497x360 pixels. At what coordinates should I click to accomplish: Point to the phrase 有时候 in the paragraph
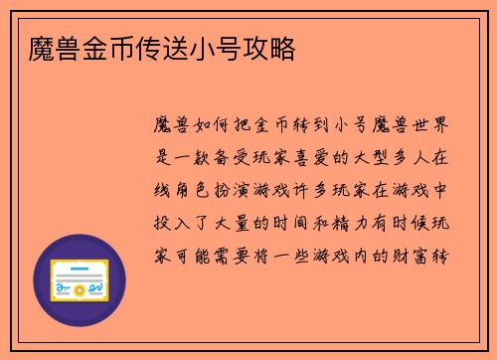coord(400,222)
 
